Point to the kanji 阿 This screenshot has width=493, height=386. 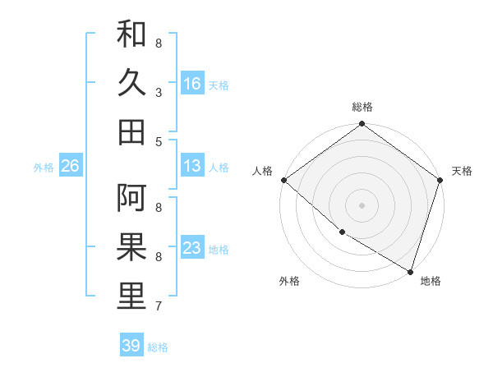click(x=131, y=198)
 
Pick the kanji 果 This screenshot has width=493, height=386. click(x=131, y=246)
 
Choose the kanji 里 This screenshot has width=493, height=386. click(x=131, y=296)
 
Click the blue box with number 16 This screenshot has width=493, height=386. click(x=192, y=84)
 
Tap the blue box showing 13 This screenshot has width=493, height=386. click(x=192, y=166)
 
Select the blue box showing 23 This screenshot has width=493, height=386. click(x=192, y=248)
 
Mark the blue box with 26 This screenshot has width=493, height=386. click(x=70, y=166)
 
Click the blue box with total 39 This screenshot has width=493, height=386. click(x=131, y=346)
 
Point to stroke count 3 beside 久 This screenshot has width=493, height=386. click(x=158, y=92)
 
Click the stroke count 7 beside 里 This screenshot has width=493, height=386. click(x=158, y=306)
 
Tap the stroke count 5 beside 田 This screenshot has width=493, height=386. click(x=158, y=141)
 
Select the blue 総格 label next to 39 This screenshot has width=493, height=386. click(x=158, y=347)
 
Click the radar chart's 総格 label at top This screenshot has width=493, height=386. click(x=362, y=107)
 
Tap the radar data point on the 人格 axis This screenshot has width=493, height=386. click(x=283, y=180)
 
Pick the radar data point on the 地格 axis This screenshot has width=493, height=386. click(x=409, y=270)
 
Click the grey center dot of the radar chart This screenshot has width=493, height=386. click(x=362, y=204)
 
